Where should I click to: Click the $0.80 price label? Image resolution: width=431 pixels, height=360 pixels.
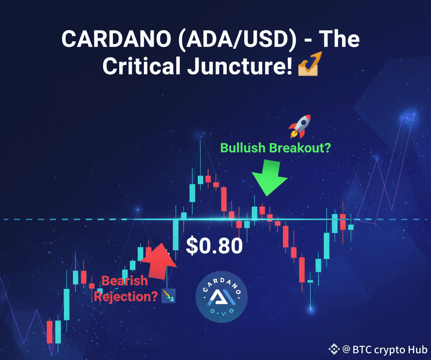click(214, 246)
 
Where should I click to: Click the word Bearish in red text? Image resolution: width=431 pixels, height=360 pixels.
click(125, 281)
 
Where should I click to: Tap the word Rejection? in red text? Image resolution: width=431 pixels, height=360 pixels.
click(126, 296)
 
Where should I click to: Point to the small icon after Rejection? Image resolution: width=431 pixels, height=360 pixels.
click(168, 296)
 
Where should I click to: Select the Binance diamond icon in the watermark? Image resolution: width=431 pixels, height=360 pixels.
click(334, 349)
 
